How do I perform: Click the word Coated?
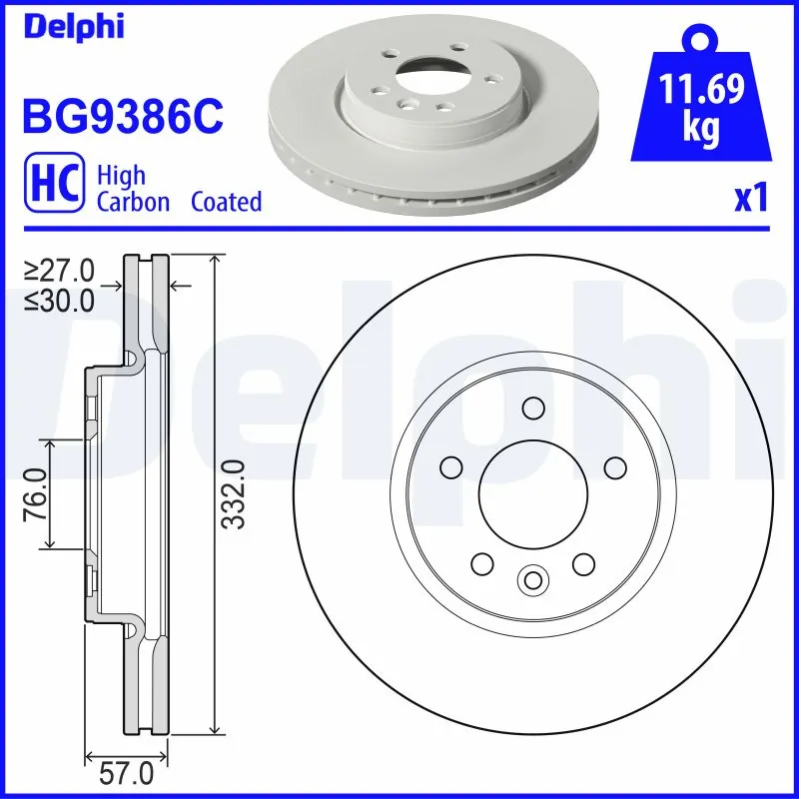(226, 202)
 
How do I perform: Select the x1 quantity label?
(750, 199)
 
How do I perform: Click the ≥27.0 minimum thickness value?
(60, 272)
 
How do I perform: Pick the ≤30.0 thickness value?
(60, 299)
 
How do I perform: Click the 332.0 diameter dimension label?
(234, 493)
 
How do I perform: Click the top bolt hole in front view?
(533, 407)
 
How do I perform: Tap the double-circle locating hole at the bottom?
(532, 579)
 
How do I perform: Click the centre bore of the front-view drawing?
(532, 489)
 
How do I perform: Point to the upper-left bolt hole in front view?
(451, 466)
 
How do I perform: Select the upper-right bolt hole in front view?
(614, 466)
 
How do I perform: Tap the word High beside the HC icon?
(121, 176)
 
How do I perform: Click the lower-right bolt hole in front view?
(583, 564)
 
